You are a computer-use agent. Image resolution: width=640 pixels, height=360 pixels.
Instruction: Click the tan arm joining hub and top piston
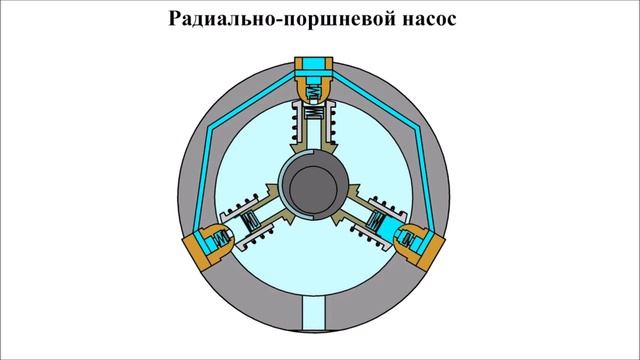319,150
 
